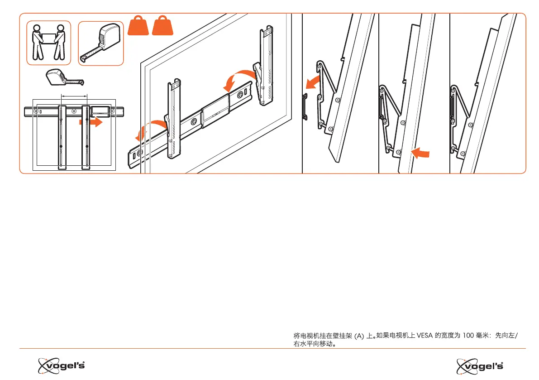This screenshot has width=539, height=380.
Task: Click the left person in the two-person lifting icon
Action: (37, 43)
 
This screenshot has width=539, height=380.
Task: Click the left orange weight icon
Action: (138, 27)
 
